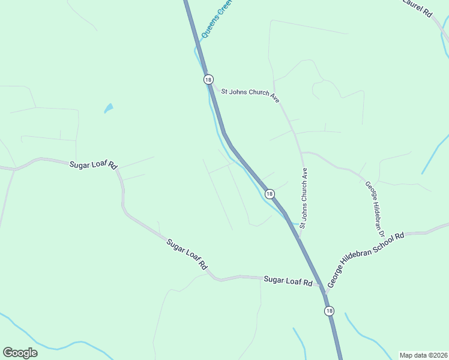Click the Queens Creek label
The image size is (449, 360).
point(217,19)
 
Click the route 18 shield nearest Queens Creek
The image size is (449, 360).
point(208,79)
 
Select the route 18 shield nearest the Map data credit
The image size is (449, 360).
point(329,310)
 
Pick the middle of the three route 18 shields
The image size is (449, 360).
point(270,194)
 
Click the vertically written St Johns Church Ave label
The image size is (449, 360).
point(304,198)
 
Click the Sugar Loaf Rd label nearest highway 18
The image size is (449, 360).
point(289,281)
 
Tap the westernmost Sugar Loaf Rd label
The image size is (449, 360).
point(92,164)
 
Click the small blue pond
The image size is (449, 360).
point(109,109)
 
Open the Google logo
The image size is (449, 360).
point(20,353)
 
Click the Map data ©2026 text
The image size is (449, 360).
point(423,355)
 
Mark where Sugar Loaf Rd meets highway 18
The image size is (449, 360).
point(322,287)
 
